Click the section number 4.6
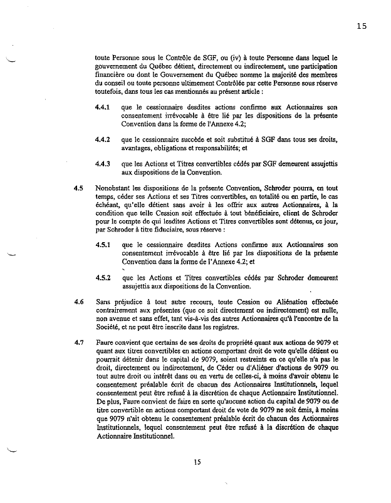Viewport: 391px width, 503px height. click(x=79, y=302)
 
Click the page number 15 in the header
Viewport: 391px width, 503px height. click(x=360, y=26)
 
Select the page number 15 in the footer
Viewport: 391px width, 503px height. click(x=197, y=462)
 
